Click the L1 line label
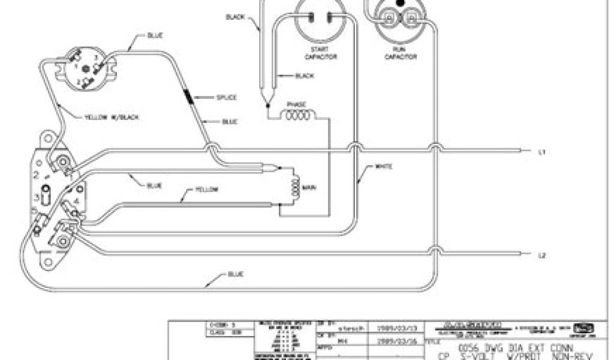click(541, 152)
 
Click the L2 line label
click(541, 255)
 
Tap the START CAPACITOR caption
click(323, 53)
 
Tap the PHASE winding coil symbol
click(298, 116)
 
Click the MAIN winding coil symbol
click(293, 188)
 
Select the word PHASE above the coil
click(297, 104)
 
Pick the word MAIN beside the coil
click(309, 188)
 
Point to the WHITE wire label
click(383, 166)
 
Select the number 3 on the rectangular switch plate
click(38, 197)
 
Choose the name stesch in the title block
click(350, 329)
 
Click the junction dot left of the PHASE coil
click(267, 106)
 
